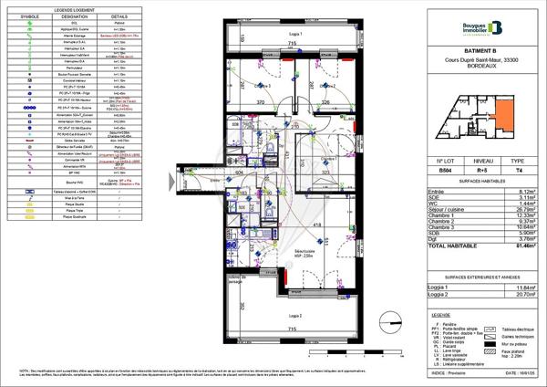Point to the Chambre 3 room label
point(263,85)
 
